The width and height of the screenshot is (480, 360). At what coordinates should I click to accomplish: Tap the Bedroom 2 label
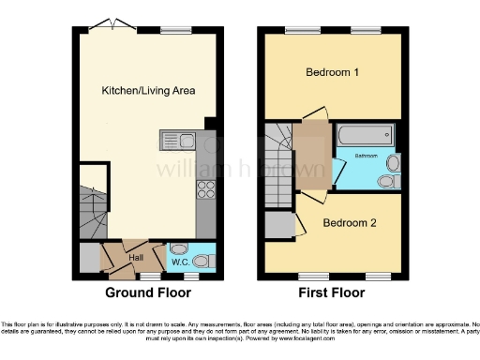tap(350, 223)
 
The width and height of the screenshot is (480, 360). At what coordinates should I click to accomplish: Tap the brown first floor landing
tap(312, 150)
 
